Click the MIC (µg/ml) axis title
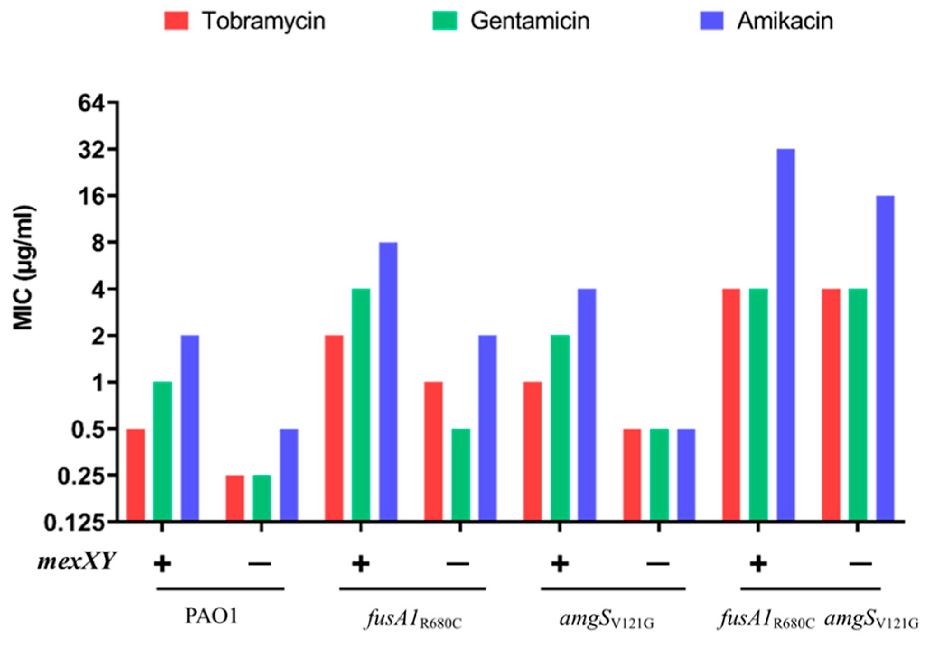[23, 268]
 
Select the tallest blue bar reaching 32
[786, 334]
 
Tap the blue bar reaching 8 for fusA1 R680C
[388, 381]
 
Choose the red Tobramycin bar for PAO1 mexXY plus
[135, 475]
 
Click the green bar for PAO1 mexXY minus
[262, 498]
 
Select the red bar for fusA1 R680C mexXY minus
[434, 451]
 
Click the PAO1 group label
[211, 616]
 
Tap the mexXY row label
[76, 562]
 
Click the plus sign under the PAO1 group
[162, 564]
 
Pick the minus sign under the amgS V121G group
[658, 564]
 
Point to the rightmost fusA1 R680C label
[767, 619]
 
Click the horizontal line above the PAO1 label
[220, 589]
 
